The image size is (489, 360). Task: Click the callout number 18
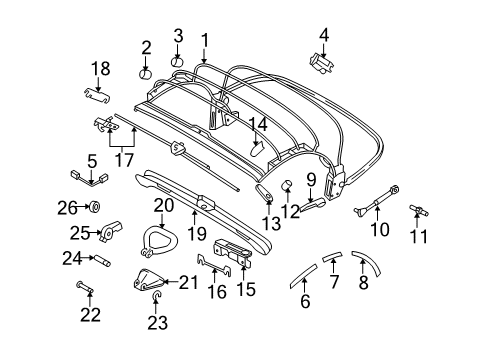click(x=101, y=69)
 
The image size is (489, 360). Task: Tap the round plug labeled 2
click(x=145, y=74)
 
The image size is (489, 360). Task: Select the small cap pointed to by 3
click(x=178, y=62)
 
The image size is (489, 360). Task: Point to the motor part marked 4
click(x=321, y=63)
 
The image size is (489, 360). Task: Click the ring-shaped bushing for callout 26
click(x=95, y=208)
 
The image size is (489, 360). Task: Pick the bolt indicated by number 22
click(x=84, y=288)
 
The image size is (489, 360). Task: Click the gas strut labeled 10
click(x=376, y=200)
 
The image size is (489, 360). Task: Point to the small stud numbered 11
click(x=419, y=210)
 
